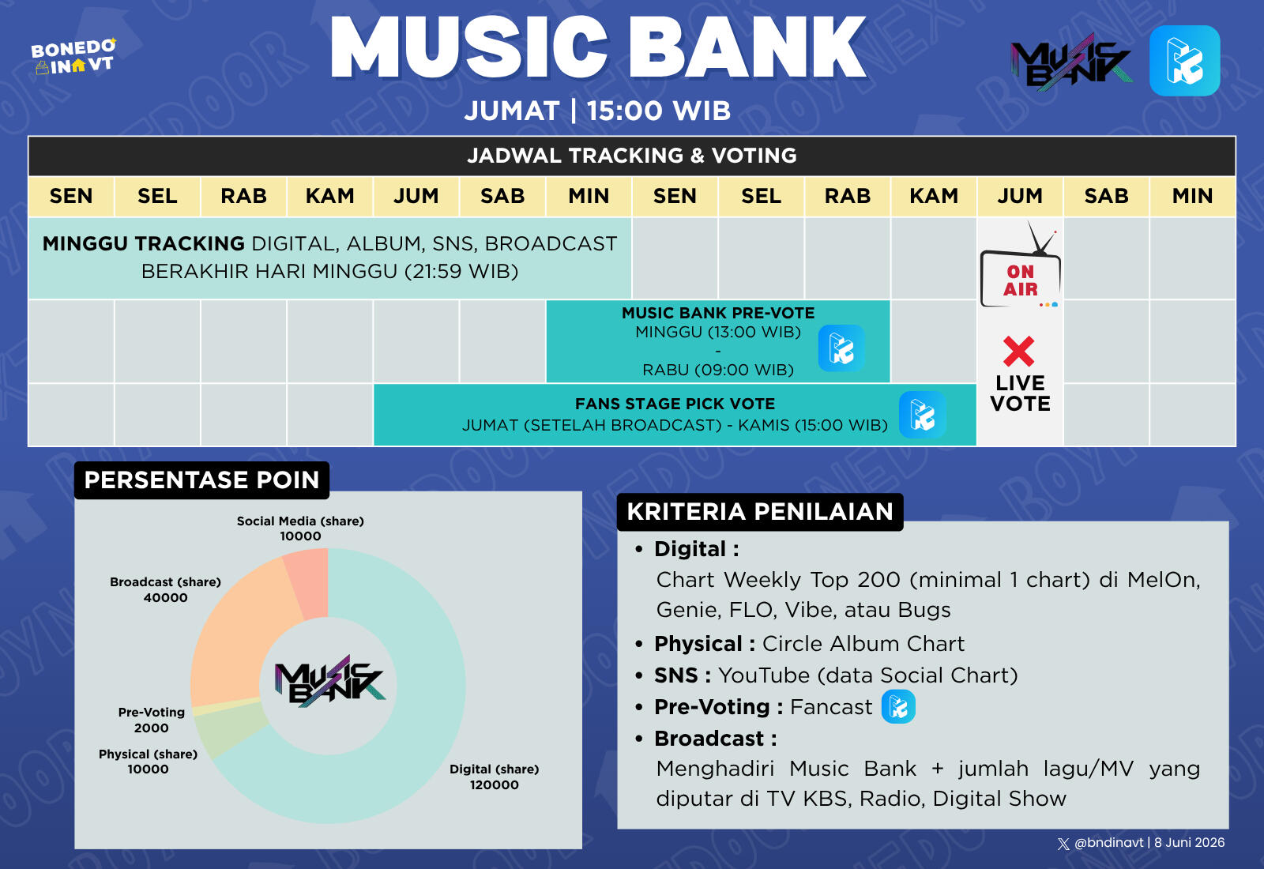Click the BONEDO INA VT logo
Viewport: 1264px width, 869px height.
[73, 56]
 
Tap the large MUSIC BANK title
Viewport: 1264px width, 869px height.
[598, 47]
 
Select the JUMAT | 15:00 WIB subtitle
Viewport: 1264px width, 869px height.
[597, 111]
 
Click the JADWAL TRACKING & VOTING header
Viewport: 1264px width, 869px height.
[632, 155]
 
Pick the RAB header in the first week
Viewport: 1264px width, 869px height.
[244, 196]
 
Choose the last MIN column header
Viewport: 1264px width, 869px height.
[1192, 196]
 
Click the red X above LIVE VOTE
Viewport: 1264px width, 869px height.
[1019, 351]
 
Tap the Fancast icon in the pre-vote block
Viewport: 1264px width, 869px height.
[841, 348]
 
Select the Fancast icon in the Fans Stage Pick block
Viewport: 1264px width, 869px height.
[923, 415]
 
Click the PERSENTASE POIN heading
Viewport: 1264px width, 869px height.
[202, 480]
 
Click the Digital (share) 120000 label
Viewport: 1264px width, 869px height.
[495, 777]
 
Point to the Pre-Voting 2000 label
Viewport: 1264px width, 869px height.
[151, 720]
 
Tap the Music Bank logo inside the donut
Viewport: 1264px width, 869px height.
[329, 681]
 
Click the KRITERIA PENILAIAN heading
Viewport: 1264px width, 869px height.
[760, 512]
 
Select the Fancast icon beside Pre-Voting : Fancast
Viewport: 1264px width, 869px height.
[898, 706]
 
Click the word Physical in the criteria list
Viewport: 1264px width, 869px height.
[698, 644]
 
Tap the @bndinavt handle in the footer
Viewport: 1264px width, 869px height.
[1109, 842]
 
